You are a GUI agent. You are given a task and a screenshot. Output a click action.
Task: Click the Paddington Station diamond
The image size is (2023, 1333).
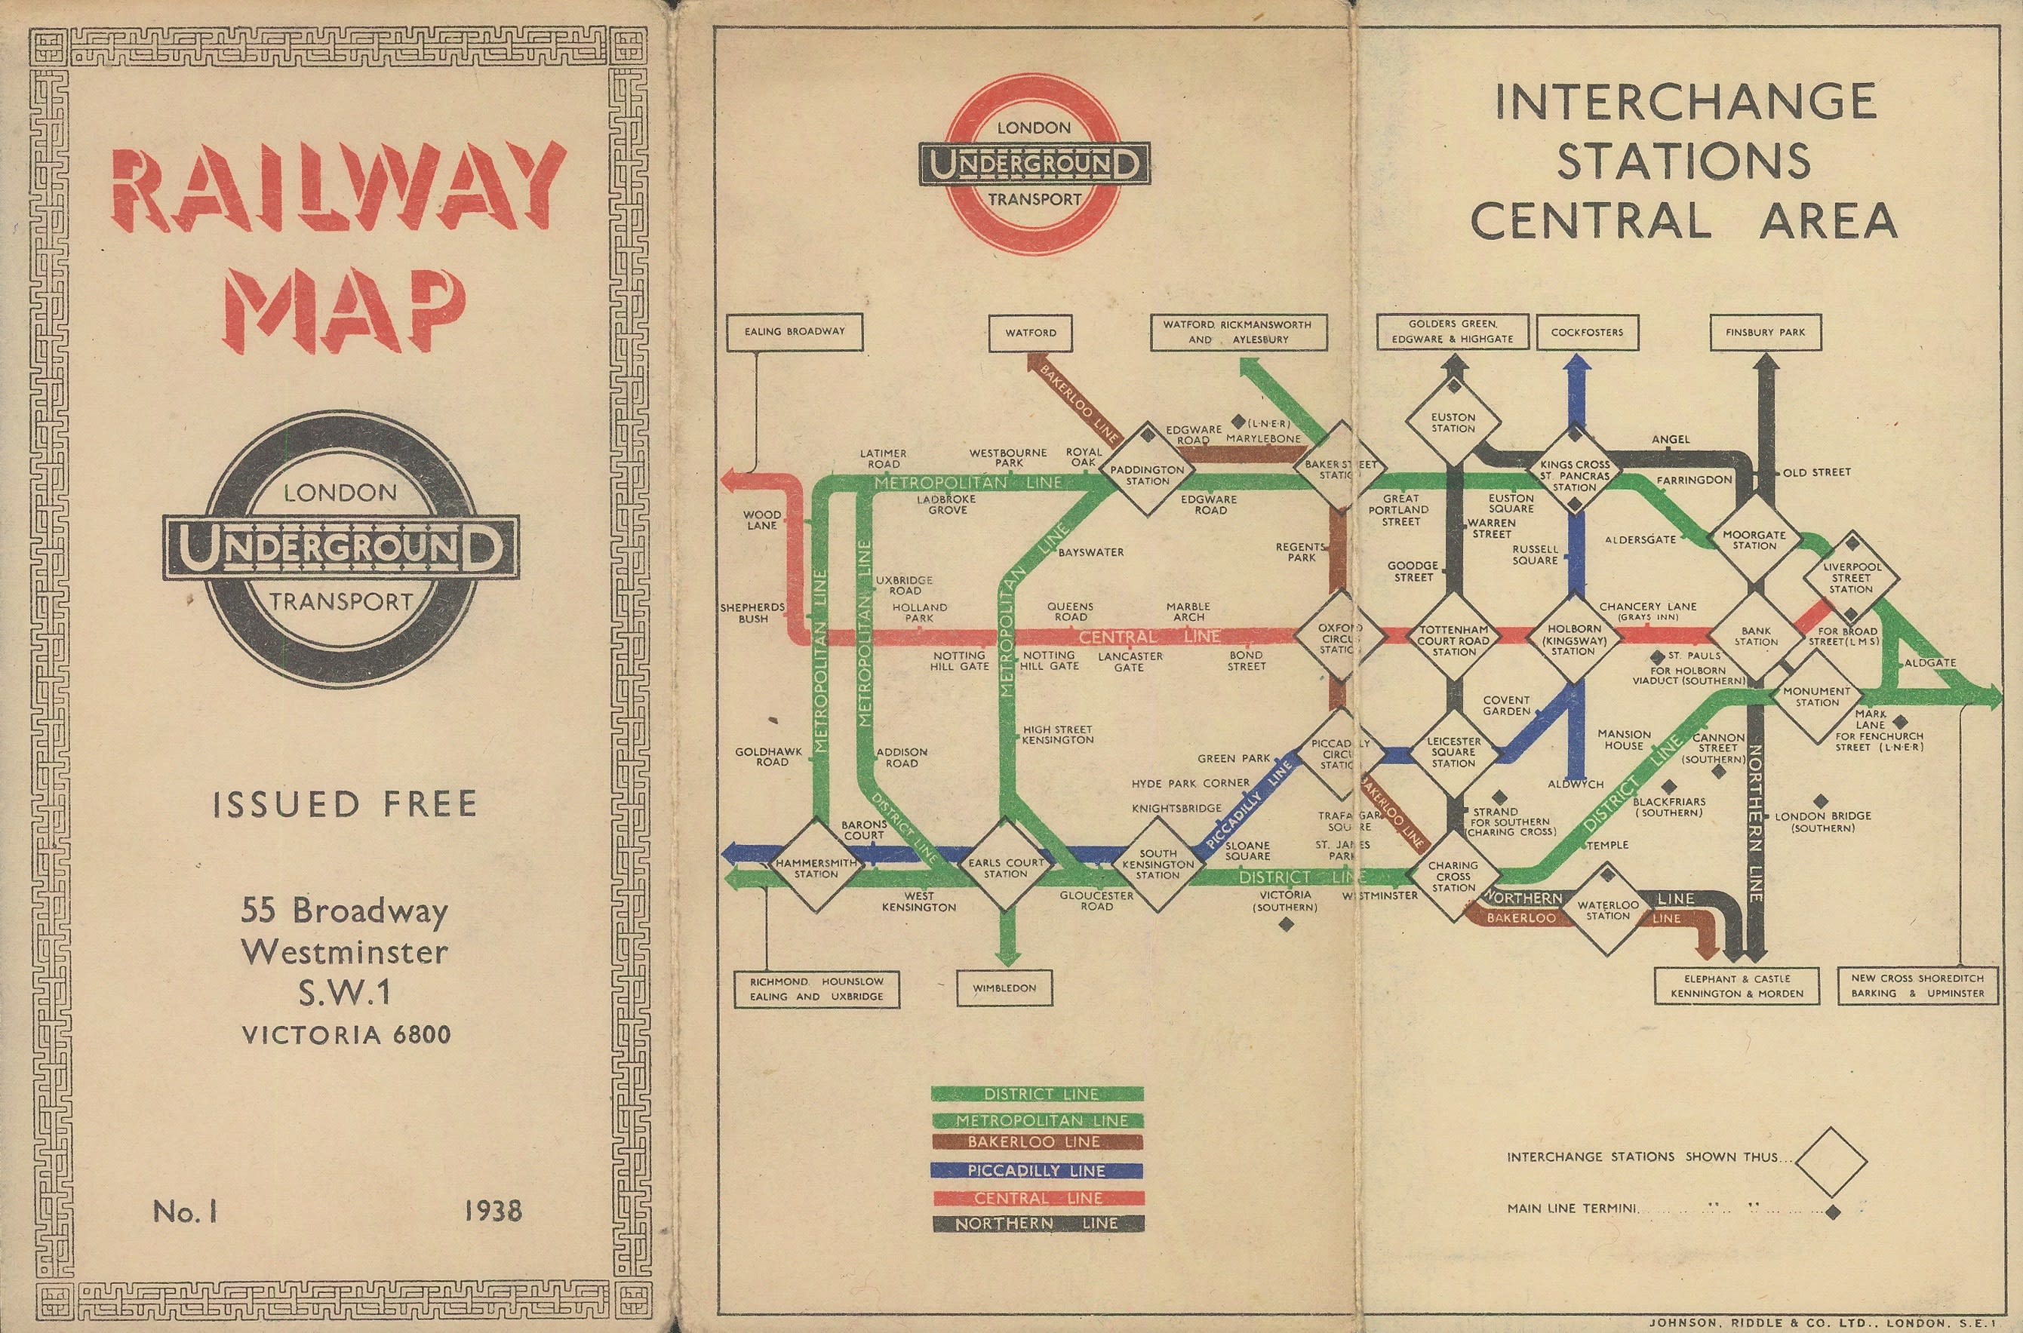pos(1148,475)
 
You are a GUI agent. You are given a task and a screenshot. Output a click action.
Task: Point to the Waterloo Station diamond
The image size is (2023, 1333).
pos(1607,910)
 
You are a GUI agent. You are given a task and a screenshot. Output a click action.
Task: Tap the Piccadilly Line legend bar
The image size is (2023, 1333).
pos(1037,1171)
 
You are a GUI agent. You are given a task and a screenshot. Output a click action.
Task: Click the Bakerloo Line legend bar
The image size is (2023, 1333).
pos(1037,1141)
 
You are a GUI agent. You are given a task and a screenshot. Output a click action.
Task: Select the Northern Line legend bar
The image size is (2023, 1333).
pos(1037,1224)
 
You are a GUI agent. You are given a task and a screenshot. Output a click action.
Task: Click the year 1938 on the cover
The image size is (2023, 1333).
pos(493,1211)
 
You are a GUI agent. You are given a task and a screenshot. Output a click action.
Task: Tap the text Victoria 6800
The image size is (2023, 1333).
pos(346,1034)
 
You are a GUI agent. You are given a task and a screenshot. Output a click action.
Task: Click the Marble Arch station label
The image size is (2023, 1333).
pos(1188,611)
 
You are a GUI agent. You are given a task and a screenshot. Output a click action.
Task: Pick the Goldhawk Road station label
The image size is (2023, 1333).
pos(772,757)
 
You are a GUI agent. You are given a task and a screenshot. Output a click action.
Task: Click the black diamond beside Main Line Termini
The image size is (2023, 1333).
pos(1834,1212)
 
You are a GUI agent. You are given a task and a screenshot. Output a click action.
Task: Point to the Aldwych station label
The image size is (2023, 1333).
pos(1575,784)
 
